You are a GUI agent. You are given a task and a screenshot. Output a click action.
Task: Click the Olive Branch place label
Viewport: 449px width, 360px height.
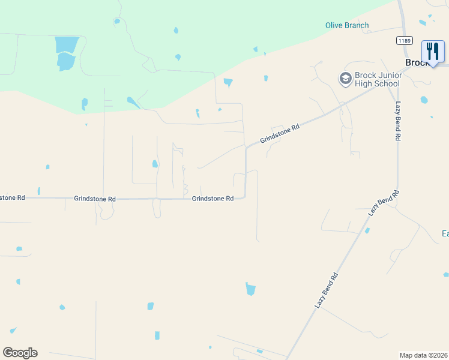pyautogui.click(x=347, y=25)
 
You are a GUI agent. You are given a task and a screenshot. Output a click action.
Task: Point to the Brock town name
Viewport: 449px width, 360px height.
pyautogui.click(x=416, y=62)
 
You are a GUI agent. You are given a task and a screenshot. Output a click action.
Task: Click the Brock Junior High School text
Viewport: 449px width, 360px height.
pyautogui.click(x=377, y=79)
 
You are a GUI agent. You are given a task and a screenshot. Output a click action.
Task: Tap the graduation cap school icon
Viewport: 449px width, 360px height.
pyautogui.click(x=345, y=79)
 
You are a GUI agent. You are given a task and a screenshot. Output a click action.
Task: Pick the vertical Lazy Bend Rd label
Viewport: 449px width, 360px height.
pyautogui.click(x=397, y=121)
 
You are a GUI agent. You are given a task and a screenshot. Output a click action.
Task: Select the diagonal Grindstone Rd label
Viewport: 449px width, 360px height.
pyautogui.click(x=280, y=134)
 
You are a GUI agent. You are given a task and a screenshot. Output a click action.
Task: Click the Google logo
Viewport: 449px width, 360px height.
pyautogui.click(x=20, y=352)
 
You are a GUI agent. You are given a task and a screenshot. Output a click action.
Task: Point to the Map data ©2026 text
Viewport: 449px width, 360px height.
pyautogui.click(x=423, y=355)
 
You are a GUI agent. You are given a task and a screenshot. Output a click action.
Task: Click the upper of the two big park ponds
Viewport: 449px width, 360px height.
pyautogui.click(x=67, y=44)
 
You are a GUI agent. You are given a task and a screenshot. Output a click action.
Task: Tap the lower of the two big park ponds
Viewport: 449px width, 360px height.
pyautogui.click(x=65, y=61)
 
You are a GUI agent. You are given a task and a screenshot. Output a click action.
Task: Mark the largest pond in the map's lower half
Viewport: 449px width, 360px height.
pyautogui.click(x=250, y=289)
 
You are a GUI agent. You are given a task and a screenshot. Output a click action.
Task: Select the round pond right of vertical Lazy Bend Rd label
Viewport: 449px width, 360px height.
pyautogui.click(x=424, y=100)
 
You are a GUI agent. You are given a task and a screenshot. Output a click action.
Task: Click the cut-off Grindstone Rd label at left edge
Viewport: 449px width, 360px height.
pyautogui.click(x=12, y=197)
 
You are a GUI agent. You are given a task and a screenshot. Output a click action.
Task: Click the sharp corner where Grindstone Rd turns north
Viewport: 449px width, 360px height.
pyautogui.click(x=244, y=197)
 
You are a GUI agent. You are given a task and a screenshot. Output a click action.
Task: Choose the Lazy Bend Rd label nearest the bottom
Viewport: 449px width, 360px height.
pyautogui.click(x=327, y=290)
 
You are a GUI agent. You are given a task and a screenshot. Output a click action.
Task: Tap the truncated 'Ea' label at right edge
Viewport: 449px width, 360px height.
pyautogui.click(x=445, y=233)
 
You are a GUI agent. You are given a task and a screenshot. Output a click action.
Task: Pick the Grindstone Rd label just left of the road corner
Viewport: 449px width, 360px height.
pyautogui.click(x=212, y=199)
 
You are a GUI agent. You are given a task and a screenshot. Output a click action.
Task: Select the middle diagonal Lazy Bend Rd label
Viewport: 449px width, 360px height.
pyautogui.click(x=384, y=205)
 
